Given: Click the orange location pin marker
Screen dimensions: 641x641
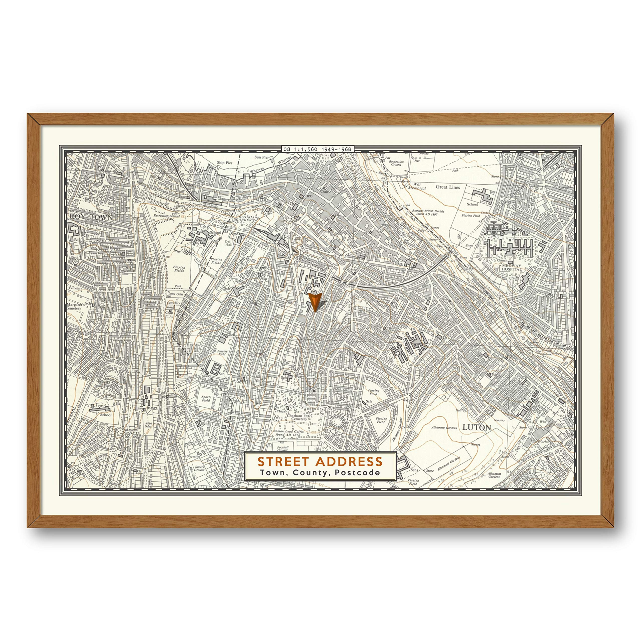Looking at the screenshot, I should pos(314,301).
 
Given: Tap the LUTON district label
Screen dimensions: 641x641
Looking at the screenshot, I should pos(476,427).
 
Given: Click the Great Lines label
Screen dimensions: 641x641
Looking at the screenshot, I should pos(448,187).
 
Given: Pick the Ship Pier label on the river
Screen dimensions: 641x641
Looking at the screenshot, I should pos(225,163).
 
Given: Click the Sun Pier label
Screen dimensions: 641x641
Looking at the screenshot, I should pos(261,157).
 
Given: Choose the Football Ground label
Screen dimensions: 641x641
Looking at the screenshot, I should pos(282,448).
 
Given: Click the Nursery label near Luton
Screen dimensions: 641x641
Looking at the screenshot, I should pos(499,420).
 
